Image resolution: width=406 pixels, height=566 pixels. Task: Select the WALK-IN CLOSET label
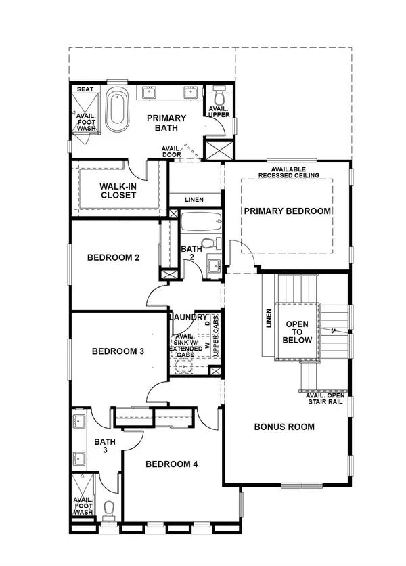(118, 190)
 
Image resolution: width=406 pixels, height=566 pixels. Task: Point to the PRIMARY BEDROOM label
(288, 211)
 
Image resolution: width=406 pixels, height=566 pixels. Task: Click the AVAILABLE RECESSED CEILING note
(288, 172)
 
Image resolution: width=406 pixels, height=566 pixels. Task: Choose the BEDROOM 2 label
(114, 257)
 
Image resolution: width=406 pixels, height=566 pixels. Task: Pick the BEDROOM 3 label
(118, 351)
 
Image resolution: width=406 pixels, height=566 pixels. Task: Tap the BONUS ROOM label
(284, 427)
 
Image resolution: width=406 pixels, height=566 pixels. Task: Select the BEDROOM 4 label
(172, 464)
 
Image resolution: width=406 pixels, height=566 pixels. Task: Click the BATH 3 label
(105, 446)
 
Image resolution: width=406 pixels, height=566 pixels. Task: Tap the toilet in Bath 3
(110, 508)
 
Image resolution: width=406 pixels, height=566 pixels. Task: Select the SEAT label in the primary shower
(85, 89)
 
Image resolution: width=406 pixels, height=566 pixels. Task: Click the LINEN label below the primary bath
(194, 199)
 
